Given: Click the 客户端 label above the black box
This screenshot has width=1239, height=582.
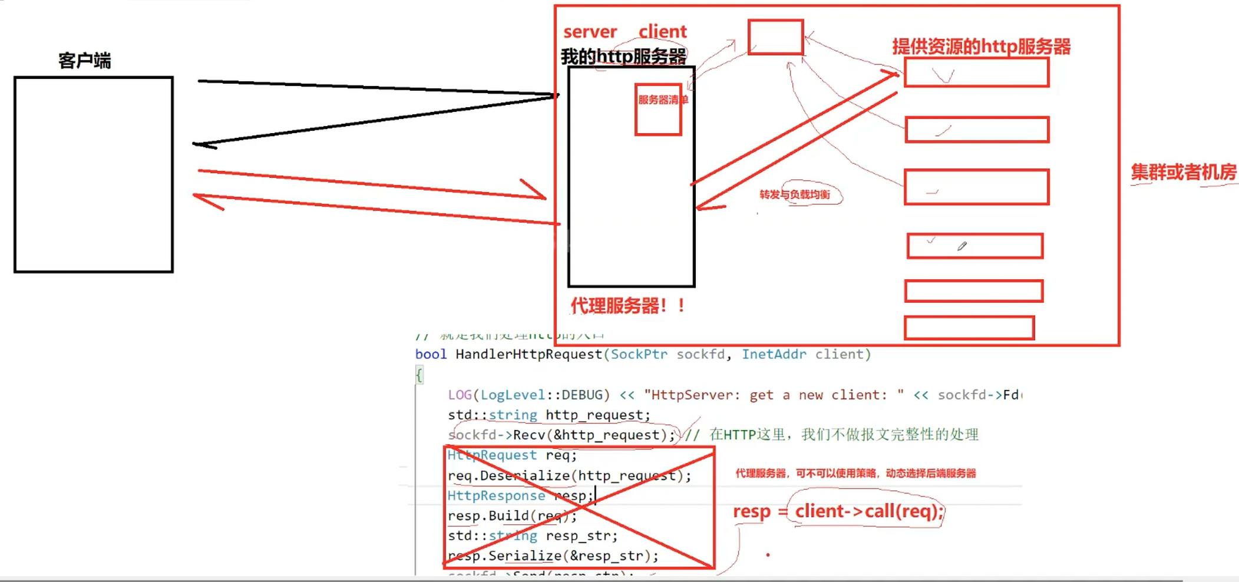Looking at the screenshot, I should pos(84,61).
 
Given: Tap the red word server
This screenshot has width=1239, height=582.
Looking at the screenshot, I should pos(590,32).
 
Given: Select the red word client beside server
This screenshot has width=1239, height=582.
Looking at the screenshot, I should pos(662,31).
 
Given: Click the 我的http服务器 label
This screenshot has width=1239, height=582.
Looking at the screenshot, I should pos(623,57).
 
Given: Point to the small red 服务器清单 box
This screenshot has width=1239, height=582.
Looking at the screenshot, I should pos(659,110).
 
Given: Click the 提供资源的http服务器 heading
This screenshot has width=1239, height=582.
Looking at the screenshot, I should pos(981,47).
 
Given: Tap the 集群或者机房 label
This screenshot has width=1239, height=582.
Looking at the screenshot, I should pos(1183,172).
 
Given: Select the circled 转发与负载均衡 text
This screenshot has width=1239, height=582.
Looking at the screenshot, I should pos(795,194).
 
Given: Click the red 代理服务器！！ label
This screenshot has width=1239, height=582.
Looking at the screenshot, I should pos(628,306).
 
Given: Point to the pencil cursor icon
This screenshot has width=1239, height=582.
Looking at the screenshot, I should pos(962,246).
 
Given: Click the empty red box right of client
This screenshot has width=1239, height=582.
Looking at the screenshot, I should pos(775,37).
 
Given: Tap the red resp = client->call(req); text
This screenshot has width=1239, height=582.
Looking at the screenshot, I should pos(838,511).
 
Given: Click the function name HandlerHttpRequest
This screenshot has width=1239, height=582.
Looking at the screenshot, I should pos(528,354).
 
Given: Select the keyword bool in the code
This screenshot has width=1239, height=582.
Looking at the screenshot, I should pos(431,354).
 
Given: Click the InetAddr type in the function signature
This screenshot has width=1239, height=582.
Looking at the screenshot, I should pos(774,354).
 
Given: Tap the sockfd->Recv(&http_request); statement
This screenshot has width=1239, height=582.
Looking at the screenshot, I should pos(561,435).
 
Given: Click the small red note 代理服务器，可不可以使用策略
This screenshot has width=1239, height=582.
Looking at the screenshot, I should pos(855,473).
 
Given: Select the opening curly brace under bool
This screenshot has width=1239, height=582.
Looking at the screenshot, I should pos(419,375).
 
